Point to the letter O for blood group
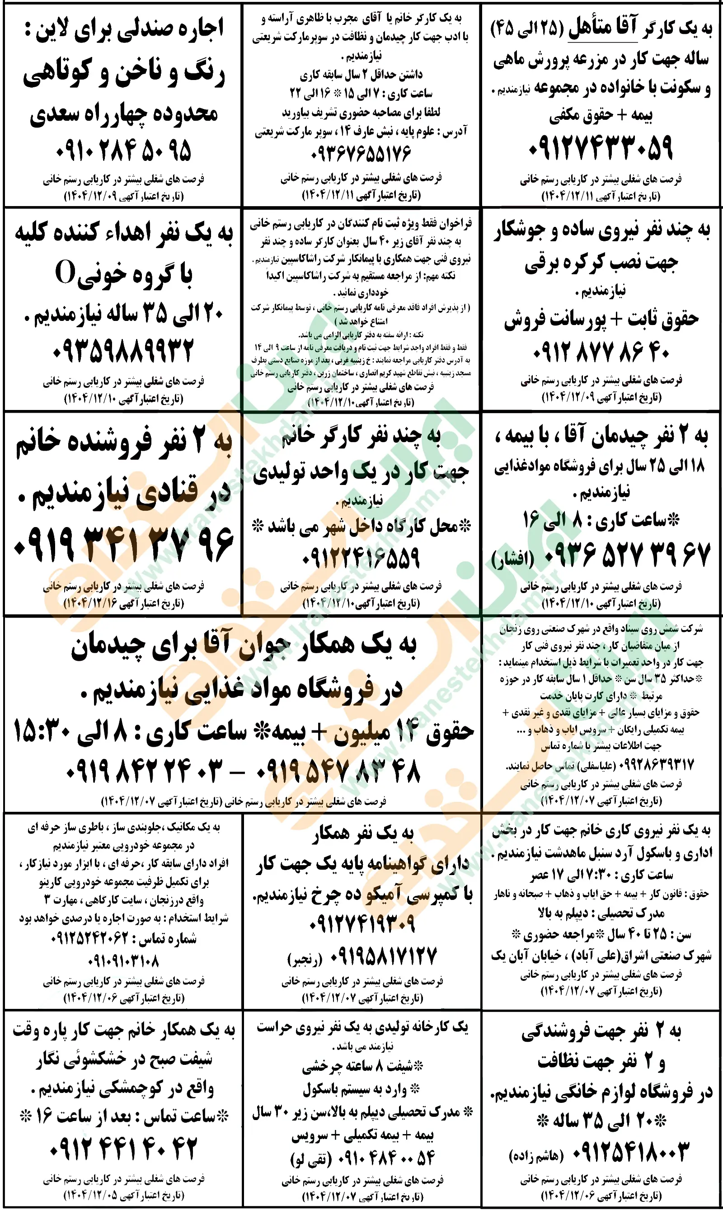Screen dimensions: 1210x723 tap(65, 273)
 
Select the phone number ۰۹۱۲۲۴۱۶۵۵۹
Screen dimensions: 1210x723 tap(361, 557)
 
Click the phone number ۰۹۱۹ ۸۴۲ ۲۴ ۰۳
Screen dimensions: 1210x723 tap(144, 771)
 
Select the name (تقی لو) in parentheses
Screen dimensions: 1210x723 tap(310, 1159)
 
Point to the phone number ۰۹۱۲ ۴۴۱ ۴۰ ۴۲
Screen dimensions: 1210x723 tap(123, 1148)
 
